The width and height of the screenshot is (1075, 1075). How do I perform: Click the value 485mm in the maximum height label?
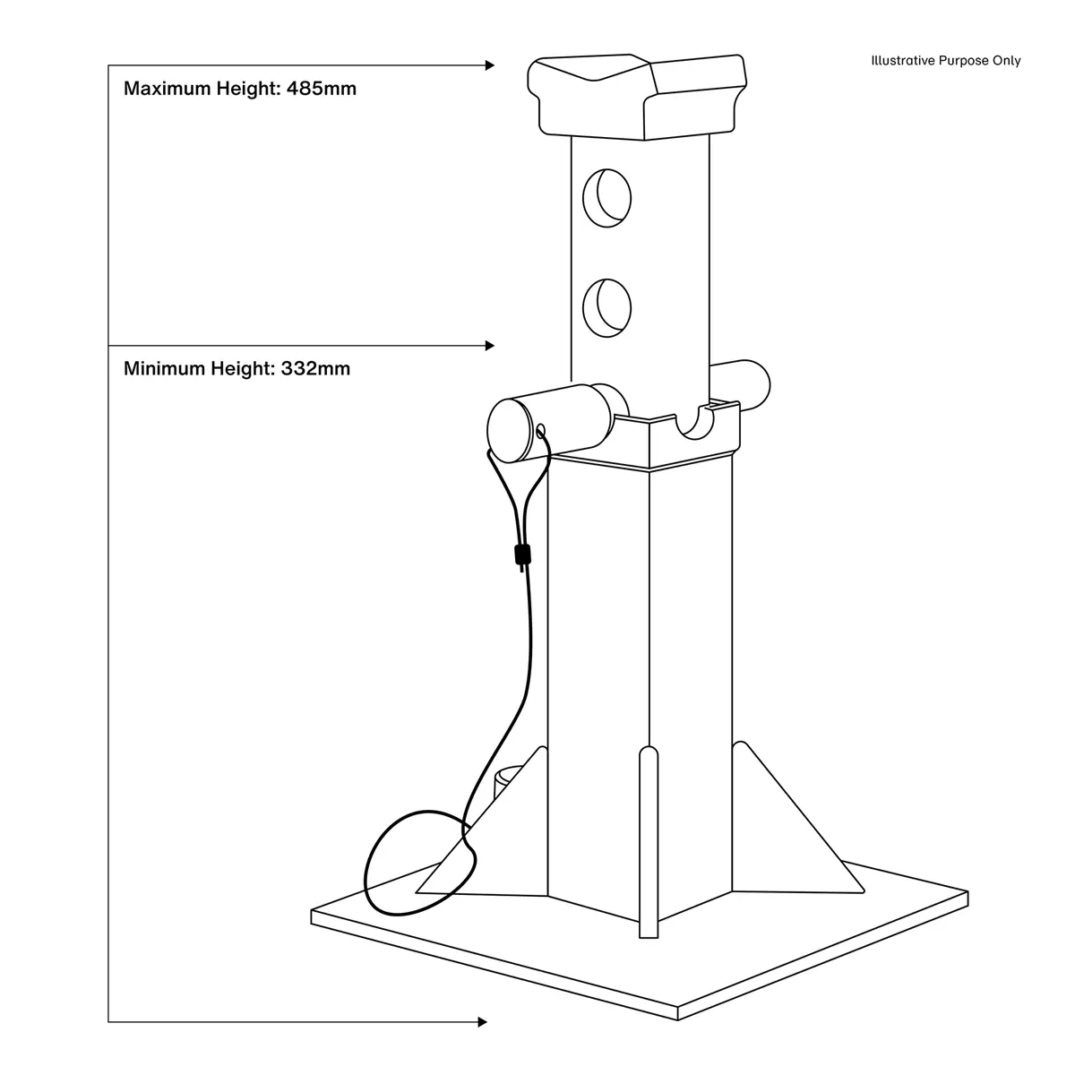(x=322, y=89)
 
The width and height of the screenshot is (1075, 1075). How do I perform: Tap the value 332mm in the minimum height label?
(x=315, y=369)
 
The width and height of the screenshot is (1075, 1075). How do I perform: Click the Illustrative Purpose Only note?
(x=946, y=60)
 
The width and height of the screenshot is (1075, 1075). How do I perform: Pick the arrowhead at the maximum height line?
(x=490, y=65)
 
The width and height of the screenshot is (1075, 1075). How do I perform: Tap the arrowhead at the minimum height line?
(x=490, y=346)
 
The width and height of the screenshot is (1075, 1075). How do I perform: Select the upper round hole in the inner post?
(x=607, y=198)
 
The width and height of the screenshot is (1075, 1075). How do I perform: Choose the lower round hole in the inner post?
(x=607, y=308)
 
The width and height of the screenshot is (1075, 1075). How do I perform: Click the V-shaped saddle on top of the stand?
(x=637, y=97)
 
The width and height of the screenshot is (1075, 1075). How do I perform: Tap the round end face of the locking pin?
(x=509, y=431)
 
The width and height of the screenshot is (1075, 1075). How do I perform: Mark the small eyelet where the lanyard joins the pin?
(x=540, y=431)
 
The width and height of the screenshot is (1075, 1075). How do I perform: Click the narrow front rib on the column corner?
(x=649, y=842)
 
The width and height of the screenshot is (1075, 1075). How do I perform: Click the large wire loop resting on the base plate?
(x=419, y=864)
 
